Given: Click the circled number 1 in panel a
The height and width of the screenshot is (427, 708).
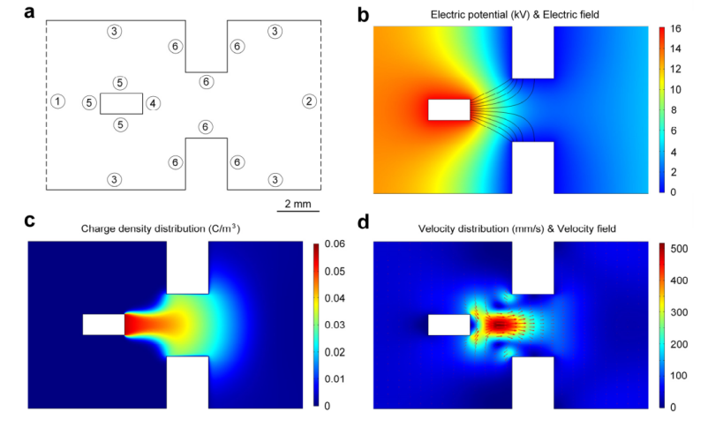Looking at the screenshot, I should click(57, 101).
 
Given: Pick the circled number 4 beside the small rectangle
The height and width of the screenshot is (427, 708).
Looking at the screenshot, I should click(154, 103).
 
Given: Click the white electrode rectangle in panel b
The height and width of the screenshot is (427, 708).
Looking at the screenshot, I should click(448, 109).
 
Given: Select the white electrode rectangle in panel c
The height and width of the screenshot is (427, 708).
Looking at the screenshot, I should click(103, 325).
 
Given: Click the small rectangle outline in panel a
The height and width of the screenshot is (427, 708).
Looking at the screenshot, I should click(121, 103).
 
